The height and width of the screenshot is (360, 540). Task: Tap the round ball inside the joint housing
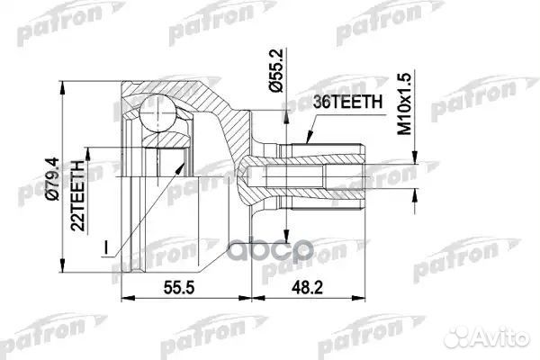coord(159,114)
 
